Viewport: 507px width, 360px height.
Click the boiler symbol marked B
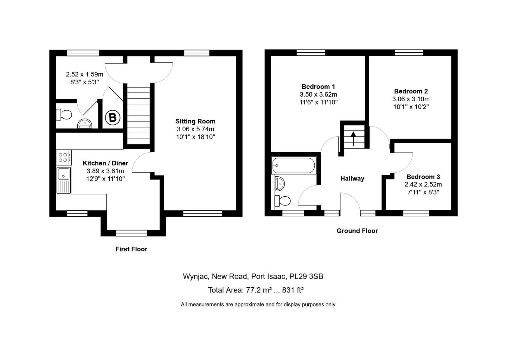point(112,118)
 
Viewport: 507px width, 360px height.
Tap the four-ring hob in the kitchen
point(64,157)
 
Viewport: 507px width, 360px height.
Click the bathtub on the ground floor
point(293,165)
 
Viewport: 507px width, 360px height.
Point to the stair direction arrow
point(353,139)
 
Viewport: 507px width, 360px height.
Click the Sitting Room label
point(195,121)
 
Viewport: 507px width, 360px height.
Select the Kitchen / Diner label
point(105,163)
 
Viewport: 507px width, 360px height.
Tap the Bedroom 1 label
point(318,87)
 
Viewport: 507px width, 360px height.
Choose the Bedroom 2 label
point(411,91)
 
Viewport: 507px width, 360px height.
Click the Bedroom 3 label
point(423,177)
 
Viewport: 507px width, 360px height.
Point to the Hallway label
point(352,179)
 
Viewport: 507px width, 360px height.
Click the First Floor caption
point(131,249)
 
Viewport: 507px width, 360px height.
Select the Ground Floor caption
point(357,231)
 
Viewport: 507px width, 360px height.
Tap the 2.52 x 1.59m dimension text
point(84,74)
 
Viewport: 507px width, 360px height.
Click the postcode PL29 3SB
point(306,276)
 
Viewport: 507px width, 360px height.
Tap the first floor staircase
point(138,115)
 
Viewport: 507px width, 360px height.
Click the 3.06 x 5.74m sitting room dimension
point(195,129)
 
